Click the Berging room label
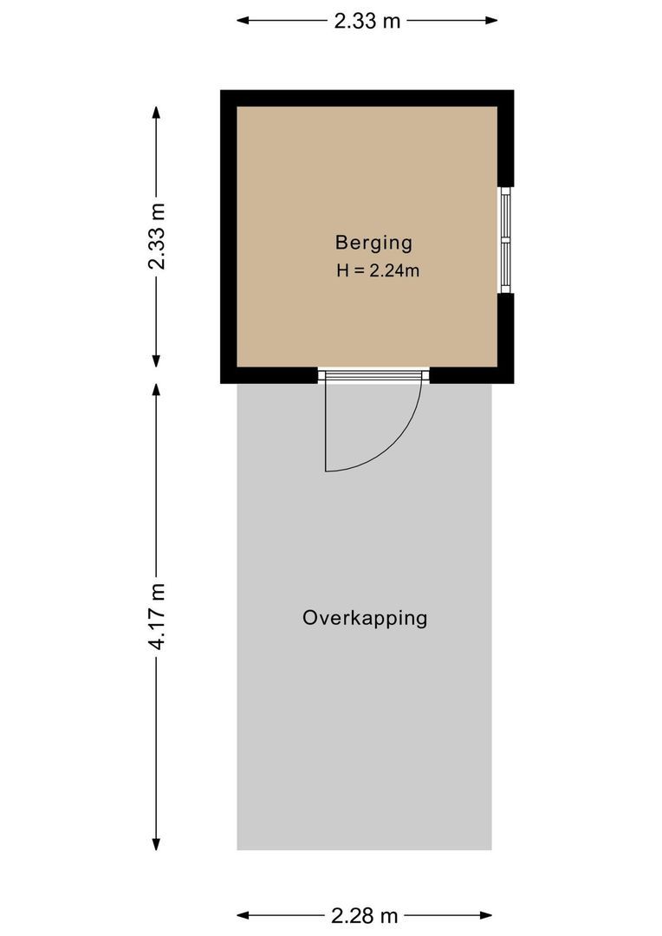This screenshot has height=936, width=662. click(x=373, y=243)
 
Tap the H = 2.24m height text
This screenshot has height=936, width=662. click(x=378, y=270)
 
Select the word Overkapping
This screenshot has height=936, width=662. click(x=365, y=618)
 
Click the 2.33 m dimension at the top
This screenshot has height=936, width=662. click(x=367, y=21)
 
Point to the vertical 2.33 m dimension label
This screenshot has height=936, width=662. click(x=156, y=237)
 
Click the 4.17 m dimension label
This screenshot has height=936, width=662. click(x=156, y=616)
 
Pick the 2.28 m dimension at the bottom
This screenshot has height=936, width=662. click(x=364, y=915)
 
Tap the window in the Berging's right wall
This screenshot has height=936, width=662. click(x=505, y=240)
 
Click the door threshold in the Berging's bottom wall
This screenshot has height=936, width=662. click(x=373, y=375)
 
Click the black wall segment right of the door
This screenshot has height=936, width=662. click(x=471, y=374)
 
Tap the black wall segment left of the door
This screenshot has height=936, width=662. click(x=269, y=374)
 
